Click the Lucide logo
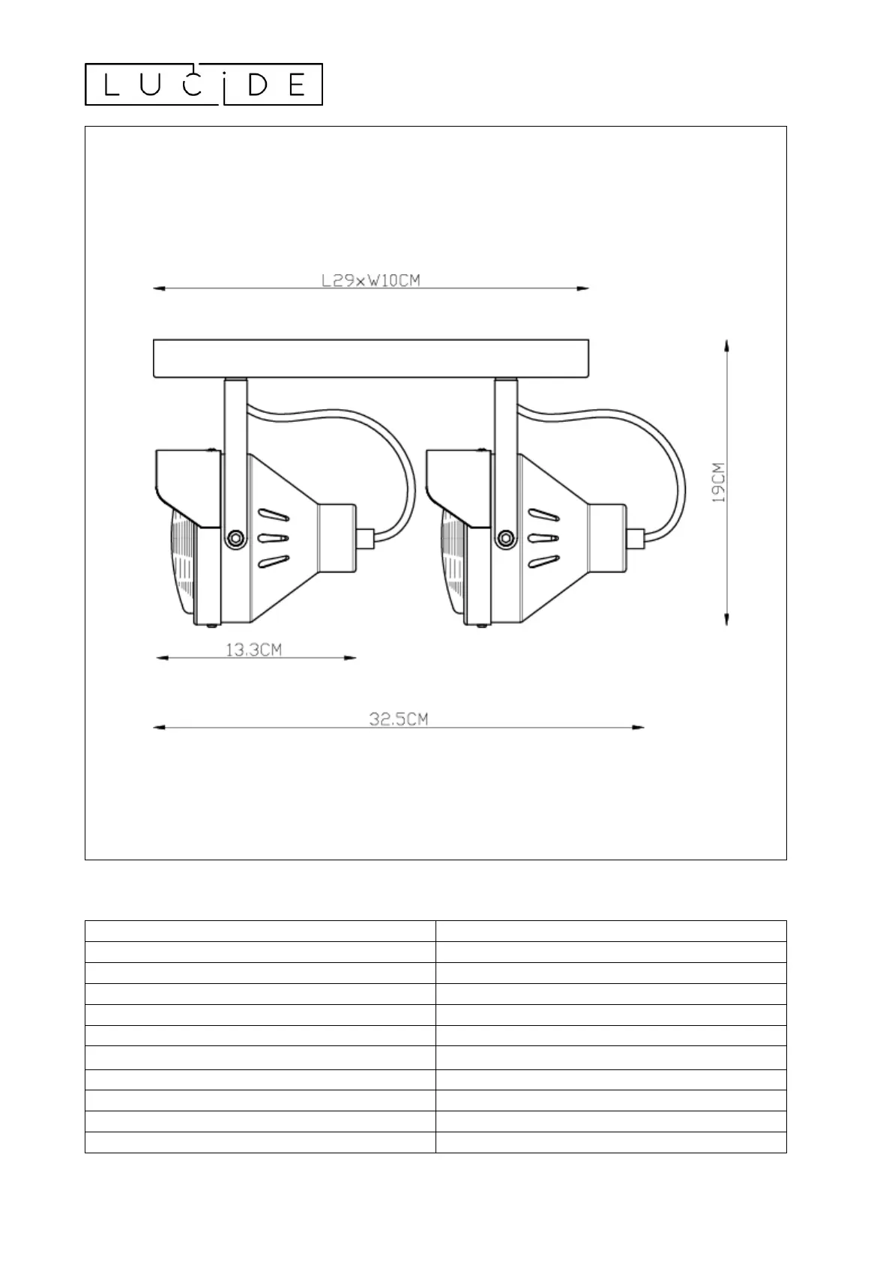point(203,85)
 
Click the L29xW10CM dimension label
point(371,280)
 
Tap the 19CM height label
point(719,483)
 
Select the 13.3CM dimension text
point(253,650)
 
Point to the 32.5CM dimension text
point(398,719)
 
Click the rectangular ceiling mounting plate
point(371,358)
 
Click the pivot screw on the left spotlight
point(235,538)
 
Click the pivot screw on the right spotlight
point(505,538)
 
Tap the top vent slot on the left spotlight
point(274,514)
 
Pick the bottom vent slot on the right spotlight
point(543,562)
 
